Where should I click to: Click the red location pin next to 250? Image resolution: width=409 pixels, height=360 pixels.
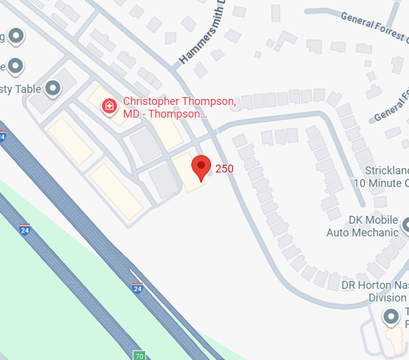click(201, 167)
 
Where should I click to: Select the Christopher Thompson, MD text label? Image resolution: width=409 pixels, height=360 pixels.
click(179, 108)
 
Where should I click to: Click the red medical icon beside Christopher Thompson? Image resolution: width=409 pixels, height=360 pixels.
click(109, 105)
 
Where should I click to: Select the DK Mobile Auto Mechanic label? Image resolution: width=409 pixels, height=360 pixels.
click(362, 227)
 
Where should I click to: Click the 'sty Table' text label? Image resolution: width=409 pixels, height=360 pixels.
click(21, 88)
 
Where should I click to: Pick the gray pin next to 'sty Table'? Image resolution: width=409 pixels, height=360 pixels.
click(53, 88)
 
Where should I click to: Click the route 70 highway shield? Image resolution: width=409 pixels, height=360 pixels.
click(138, 354)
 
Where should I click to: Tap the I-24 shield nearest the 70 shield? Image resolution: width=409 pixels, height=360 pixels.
click(138, 288)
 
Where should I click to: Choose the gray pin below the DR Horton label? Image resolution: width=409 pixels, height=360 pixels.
click(392, 317)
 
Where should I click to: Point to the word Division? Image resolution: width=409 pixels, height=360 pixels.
click(387, 298)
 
